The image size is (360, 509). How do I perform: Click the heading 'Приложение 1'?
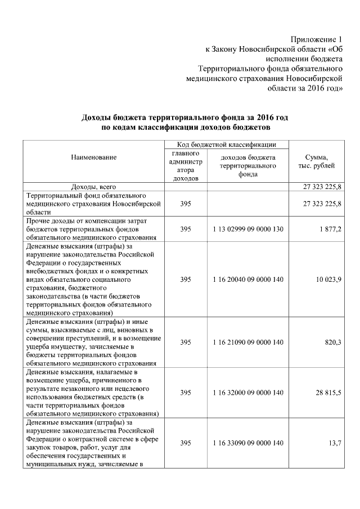(x=316, y=39)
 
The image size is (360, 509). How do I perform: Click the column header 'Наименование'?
(x=94, y=157)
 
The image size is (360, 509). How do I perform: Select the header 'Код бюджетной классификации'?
(x=226, y=145)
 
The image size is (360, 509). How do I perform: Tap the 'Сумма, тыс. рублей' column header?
(x=317, y=162)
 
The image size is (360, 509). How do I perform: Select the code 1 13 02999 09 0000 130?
(x=248, y=229)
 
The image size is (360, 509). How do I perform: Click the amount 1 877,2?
(x=330, y=229)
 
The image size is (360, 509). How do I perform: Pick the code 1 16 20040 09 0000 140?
(x=248, y=280)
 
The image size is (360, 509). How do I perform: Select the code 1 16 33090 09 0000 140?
(x=248, y=443)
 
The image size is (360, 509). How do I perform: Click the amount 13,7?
(x=335, y=443)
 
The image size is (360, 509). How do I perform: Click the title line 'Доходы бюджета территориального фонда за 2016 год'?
(x=185, y=117)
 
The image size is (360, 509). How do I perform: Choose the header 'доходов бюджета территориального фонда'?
(x=248, y=166)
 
